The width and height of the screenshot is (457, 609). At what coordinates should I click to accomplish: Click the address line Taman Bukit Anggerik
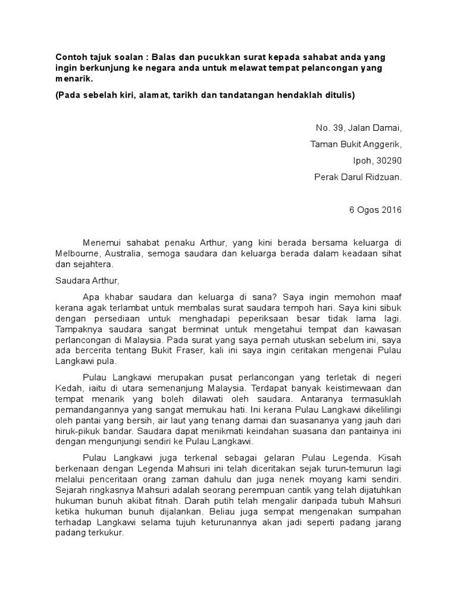(x=356, y=144)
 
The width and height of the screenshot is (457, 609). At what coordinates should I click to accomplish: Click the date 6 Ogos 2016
(x=375, y=210)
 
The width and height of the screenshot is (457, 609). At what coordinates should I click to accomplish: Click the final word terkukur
(x=103, y=533)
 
